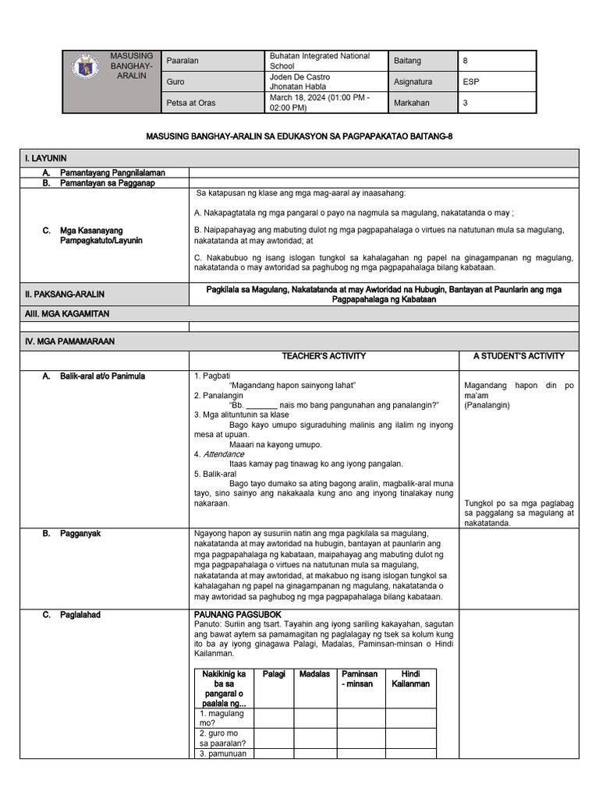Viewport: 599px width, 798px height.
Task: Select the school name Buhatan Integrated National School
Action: point(319,62)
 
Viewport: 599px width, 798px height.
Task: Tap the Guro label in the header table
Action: point(175,82)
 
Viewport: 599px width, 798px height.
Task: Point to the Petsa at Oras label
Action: point(191,103)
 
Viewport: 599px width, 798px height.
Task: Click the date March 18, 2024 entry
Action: point(319,103)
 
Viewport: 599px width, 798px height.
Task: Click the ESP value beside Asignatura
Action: point(470,82)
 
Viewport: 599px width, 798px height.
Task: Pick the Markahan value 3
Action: point(466,103)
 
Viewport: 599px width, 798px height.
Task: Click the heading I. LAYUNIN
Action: point(45,158)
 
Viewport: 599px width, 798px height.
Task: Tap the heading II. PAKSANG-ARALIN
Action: point(66,295)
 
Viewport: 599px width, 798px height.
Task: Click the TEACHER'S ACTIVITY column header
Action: point(324,356)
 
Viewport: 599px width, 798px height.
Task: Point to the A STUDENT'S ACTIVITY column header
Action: point(519,356)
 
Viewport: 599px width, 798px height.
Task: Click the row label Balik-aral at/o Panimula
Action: point(104,376)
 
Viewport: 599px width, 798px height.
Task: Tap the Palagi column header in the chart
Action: point(274,674)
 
